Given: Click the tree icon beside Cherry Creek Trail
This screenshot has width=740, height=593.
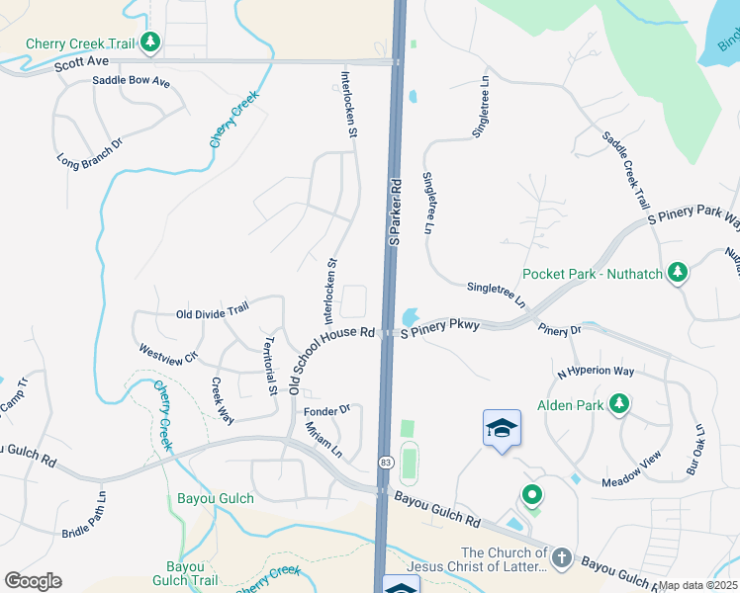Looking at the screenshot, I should click(150, 42).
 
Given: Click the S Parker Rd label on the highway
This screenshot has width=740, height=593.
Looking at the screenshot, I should click(396, 212).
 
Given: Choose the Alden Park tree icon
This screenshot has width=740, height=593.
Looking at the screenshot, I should click(619, 403).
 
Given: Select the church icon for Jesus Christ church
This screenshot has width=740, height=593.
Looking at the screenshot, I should click(562, 558).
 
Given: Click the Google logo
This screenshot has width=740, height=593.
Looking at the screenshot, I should click(34, 581).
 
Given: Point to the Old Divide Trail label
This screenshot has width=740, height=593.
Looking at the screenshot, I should click(212, 313).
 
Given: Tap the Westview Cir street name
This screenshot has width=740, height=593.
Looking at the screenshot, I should click(168, 352).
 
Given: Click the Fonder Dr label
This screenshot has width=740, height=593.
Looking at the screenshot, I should click(327, 409).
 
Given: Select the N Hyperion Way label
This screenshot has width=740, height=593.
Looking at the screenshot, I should click(595, 372).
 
